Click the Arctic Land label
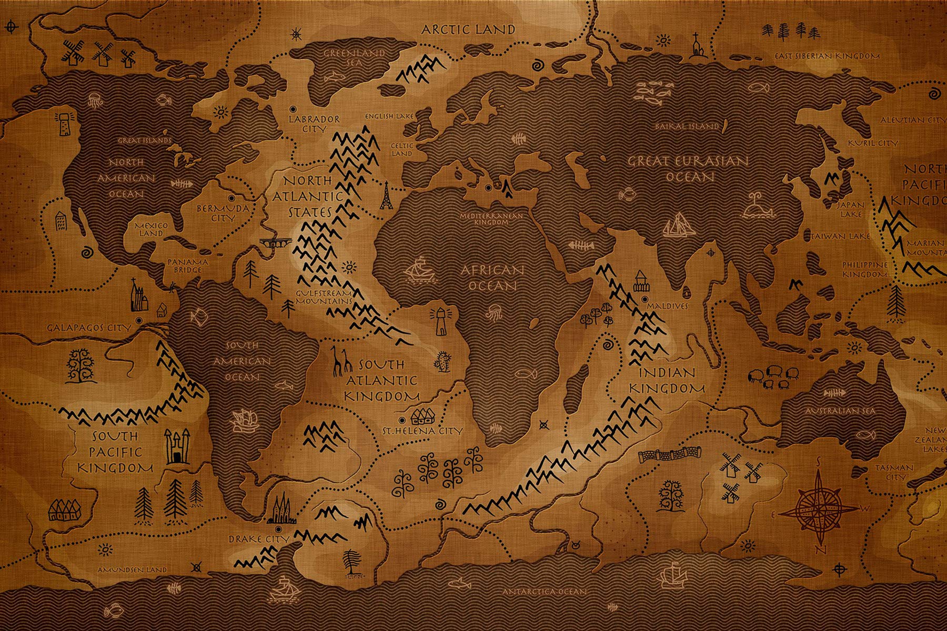[468, 29]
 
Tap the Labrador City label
[315, 124]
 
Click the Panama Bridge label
[188, 266]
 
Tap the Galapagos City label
[88, 328]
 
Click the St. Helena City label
[423, 431]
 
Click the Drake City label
[258, 539]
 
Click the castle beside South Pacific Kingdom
[177, 446]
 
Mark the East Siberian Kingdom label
[827, 56]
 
